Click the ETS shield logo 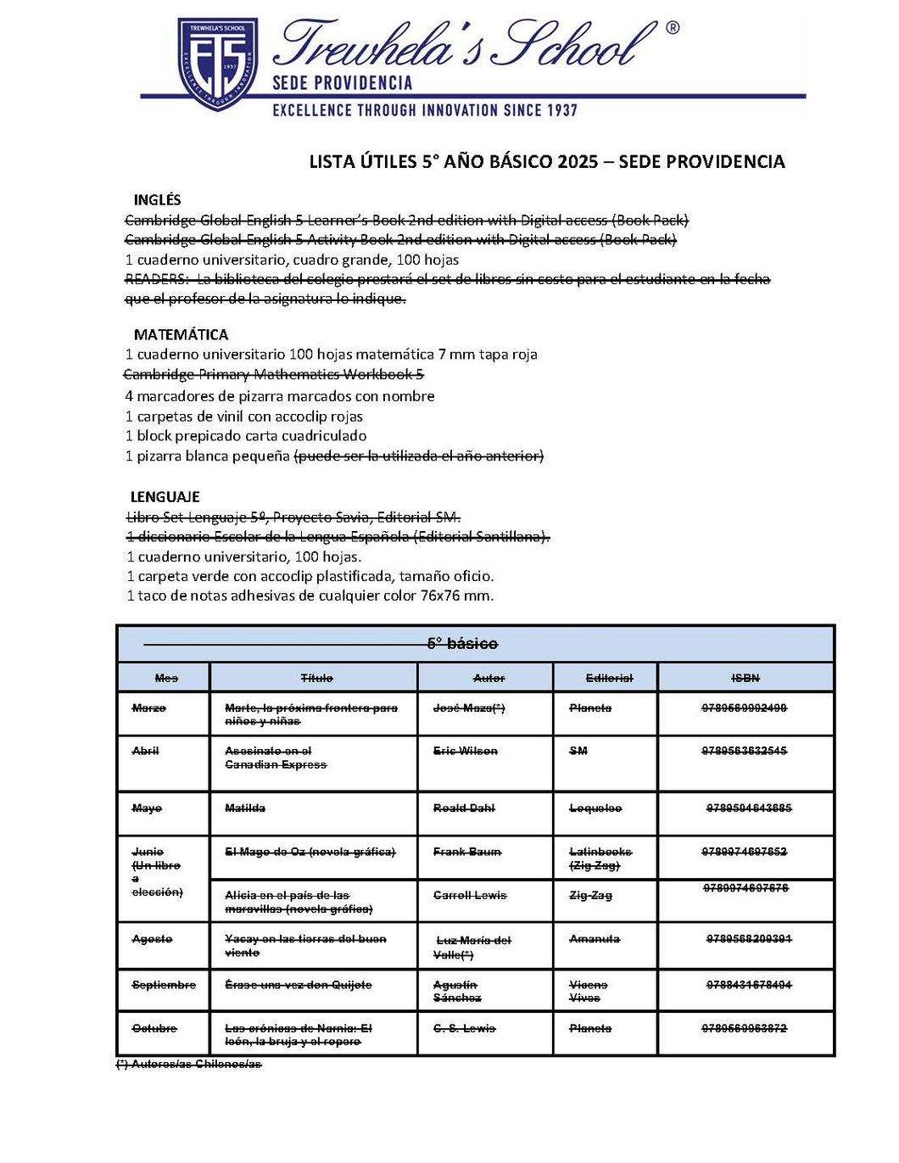217,63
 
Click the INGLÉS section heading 157,200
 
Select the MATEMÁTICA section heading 181,334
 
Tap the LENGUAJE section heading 165,497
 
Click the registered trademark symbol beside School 673,28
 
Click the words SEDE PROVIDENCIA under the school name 342,83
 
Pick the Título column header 316,678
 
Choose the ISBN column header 745,678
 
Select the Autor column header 489,678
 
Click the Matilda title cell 245,808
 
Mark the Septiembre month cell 164,985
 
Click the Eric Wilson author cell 466,751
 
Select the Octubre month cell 154,1028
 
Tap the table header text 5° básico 462,644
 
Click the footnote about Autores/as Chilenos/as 188,1064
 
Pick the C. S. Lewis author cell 464,1028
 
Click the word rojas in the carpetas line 345,417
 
